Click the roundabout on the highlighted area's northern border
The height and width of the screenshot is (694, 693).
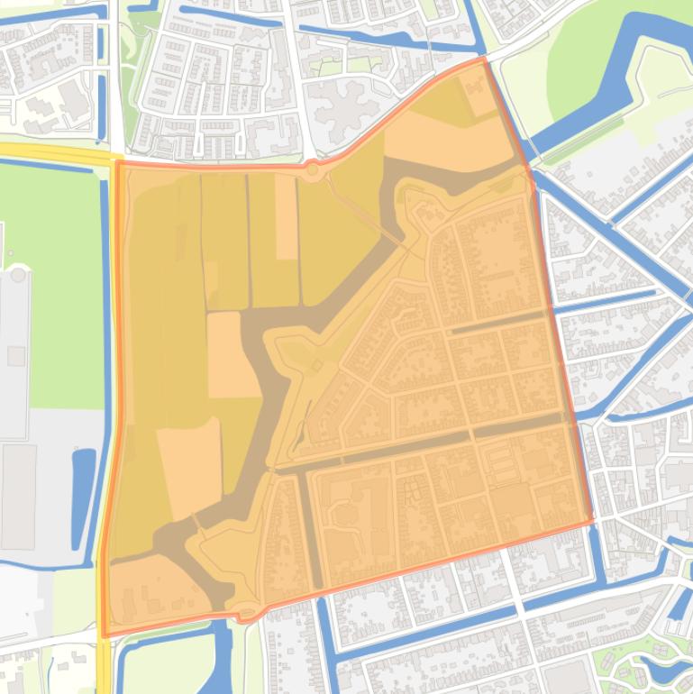[x=313, y=169]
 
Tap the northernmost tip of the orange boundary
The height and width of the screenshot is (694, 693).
[x=483, y=59]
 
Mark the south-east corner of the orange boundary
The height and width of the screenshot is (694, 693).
[x=592, y=521]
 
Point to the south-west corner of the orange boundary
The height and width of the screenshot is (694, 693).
[x=105, y=635]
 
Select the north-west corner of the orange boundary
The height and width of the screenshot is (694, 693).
[x=117, y=163]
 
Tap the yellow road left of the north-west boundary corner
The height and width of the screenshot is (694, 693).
[x=54, y=151]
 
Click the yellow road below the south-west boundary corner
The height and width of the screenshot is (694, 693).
[x=105, y=667]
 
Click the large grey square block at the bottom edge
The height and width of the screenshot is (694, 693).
[x=568, y=676]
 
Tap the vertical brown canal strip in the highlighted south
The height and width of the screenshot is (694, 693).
[x=312, y=532]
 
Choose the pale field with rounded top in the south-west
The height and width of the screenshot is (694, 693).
[x=190, y=469]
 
